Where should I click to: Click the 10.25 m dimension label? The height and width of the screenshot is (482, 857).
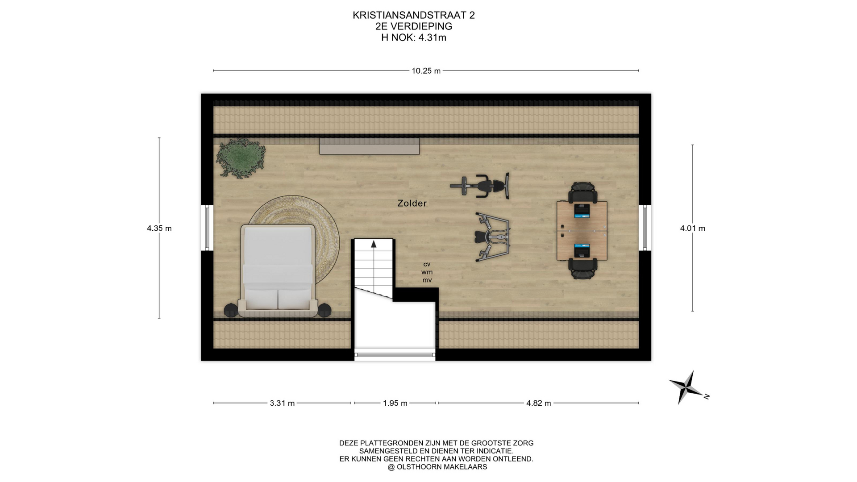[x=426, y=71]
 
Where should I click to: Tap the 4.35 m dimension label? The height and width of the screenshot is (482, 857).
[x=159, y=228]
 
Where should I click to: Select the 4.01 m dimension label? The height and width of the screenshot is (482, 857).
[x=693, y=228]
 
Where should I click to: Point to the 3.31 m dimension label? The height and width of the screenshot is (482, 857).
[x=282, y=403]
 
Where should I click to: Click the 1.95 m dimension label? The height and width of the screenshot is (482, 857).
[x=395, y=403]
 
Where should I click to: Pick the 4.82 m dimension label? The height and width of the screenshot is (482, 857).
[x=539, y=403]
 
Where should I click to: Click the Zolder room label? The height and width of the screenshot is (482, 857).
[x=412, y=203]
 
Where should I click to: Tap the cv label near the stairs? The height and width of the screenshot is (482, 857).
[x=427, y=264]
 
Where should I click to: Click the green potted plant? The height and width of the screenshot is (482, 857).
[x=241, y=158]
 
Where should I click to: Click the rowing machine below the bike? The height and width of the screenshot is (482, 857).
[x=493, y=236]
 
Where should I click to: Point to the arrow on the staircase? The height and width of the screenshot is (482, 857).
[x=374, y=244]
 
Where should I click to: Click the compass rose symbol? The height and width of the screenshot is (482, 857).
[x=687, y=387]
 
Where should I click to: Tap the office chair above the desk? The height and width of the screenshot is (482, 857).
[x=582, y=193]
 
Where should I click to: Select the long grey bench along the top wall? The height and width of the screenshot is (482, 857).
[x=370, y=146]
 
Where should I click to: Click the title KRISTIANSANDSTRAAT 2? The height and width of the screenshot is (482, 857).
[x=414, y=15]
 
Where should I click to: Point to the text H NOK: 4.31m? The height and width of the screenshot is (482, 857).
[x=414, y=37]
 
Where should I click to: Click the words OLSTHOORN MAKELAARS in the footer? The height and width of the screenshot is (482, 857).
[x=442, y=467]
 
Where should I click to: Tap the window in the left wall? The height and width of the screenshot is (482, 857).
[x=207, y=228]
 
